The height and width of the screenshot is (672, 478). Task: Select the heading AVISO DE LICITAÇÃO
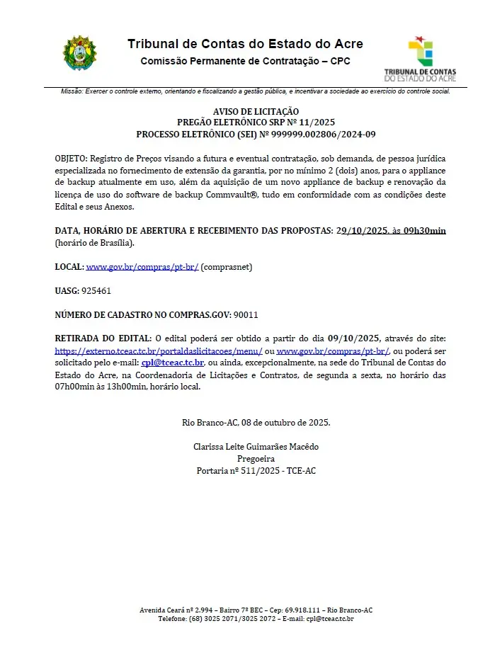click(256, 111)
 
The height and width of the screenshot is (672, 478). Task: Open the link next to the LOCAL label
click(142, 267)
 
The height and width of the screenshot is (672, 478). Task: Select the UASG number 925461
click(96, 290)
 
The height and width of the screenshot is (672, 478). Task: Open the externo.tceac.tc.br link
click(159, 351)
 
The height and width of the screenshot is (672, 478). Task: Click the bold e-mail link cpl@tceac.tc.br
click(173, 363)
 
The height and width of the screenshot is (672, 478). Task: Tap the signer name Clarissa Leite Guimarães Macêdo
click(256, 447)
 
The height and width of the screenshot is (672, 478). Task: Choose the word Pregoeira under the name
click(256, 459)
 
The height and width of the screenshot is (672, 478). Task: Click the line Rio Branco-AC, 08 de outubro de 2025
click(256, 423)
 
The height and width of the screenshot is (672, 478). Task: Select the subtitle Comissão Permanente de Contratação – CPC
click(245, 61)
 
